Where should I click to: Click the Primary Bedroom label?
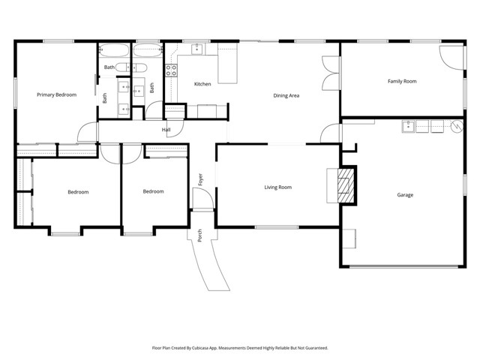[57, 94]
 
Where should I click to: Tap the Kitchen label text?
[202, 84]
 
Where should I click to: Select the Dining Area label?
[286, 95]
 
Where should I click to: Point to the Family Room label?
[402, 81]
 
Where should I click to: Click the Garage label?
[405, 195]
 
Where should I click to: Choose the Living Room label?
[277, 187]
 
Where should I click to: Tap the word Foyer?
[200, 179]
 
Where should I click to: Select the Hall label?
[166, 130]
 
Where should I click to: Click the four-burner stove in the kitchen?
[171, 71]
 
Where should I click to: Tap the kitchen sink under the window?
[196, 49]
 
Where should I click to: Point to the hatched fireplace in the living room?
[346, 185]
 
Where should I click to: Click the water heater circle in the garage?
[456, 127]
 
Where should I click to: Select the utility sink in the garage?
[409, 125]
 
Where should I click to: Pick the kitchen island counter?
[227, 66]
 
